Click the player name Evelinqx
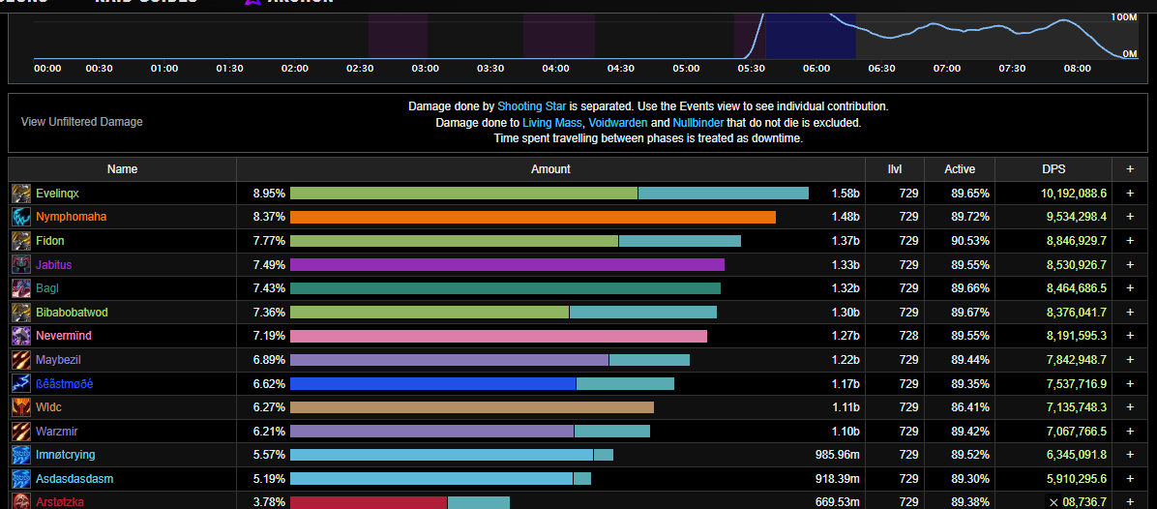tap(57, 194)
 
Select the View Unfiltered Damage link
tap(81, 122)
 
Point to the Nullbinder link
tap(697, 123)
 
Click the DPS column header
tap(1053, 169)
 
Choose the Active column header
tap(960, 169)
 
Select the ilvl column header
tap(895, 169)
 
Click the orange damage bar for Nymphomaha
tap(532, 217)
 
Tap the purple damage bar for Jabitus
tap(507, 265)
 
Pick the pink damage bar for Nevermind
tap(498, 336)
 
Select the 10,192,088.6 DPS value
tap(1060, 194)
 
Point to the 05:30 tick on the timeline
tap(751, 69)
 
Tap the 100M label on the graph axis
tap(1124, 17)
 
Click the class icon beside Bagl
tap(21, 288)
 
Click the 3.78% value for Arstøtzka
tap(269, 501)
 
